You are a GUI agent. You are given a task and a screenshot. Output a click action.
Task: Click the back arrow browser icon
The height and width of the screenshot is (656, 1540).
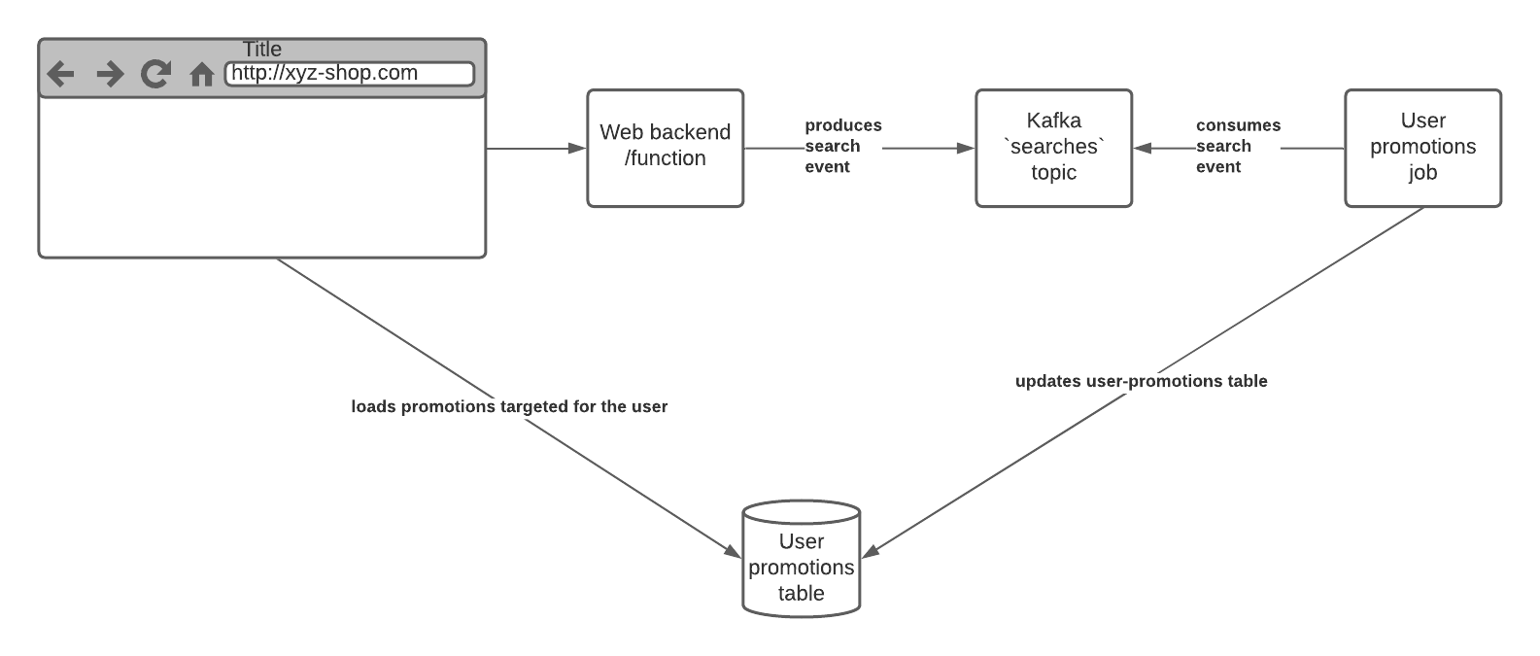click(61, 74)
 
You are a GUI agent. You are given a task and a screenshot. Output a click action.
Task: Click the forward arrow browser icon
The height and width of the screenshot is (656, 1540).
click(110, 74)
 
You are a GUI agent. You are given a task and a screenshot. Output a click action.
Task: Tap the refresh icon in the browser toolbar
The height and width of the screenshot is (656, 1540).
click(155, 74)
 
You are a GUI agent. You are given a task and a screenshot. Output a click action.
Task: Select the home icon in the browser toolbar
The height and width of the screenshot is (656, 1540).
click(201, 75)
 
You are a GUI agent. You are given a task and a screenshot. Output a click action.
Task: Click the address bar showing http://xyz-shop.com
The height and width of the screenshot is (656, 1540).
click(350, 74)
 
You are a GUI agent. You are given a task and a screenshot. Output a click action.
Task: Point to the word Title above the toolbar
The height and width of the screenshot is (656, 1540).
click(262, 49)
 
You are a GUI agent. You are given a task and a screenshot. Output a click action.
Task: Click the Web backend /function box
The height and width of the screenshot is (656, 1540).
click(666, 148)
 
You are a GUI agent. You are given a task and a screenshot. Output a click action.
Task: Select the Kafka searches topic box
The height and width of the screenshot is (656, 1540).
click(1053, 148)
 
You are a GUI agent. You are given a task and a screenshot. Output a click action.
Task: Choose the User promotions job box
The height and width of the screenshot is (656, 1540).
click(1422, 148)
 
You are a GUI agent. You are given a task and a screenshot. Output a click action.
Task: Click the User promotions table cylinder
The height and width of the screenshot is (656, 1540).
click(802, 564)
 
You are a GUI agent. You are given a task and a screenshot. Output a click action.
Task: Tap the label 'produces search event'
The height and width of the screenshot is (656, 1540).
click(841, 146)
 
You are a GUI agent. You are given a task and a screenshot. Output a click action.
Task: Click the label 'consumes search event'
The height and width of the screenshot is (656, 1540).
click(1237, 146)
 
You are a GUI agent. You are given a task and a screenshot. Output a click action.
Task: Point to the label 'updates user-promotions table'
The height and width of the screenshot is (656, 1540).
click(1141, 381)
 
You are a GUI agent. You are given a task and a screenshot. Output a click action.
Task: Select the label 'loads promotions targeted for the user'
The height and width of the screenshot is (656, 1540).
click(509, 406)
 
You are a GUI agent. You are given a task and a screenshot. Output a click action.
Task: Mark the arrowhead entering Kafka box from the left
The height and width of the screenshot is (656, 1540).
click(967, 149)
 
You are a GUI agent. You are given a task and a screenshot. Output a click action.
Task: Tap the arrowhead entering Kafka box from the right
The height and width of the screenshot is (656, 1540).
click(1142, 149)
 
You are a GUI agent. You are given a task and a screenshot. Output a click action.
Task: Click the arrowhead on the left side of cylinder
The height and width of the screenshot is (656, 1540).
click(734, 551)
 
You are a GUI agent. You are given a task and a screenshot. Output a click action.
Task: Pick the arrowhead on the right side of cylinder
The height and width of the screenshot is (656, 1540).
click(871, 551)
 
